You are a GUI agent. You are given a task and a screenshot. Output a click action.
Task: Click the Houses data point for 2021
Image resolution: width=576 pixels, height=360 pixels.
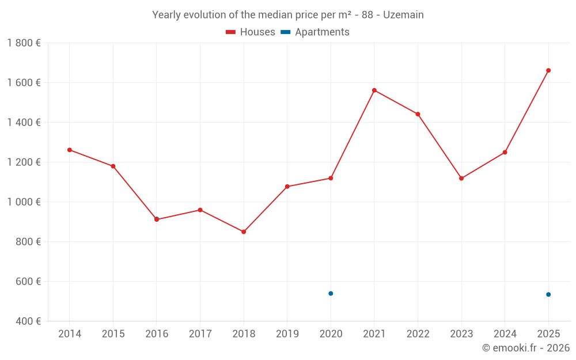(374, 90)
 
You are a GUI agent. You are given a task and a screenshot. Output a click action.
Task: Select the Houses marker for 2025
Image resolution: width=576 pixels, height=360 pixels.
(548, 70)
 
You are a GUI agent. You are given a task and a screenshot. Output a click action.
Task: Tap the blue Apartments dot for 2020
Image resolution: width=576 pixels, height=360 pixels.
(331, 294)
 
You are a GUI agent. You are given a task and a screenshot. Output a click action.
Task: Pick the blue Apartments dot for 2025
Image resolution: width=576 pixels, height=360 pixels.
(548, 294)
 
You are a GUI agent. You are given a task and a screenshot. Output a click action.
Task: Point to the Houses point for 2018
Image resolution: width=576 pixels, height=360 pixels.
(244, 232)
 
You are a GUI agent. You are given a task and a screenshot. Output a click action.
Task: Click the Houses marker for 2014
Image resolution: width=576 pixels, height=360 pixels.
(70, 150)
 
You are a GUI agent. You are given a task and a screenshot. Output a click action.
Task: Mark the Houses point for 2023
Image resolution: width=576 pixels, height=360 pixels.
(461, 179)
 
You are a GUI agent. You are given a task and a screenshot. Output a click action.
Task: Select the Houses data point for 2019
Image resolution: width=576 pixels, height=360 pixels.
(287, 187)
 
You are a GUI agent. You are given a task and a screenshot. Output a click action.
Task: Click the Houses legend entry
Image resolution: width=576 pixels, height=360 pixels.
(251, 32)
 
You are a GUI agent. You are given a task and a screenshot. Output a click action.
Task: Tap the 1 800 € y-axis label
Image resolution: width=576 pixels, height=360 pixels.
(24, 43)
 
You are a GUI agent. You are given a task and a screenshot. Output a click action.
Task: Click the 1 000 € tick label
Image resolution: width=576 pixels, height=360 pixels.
(24, 202)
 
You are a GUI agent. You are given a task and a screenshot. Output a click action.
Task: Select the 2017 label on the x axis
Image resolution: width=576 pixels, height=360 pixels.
(200, 334)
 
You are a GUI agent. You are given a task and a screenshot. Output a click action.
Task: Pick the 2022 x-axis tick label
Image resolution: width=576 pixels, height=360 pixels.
(418, 334)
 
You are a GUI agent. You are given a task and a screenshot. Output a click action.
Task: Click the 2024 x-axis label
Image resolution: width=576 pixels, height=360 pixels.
(505, 334)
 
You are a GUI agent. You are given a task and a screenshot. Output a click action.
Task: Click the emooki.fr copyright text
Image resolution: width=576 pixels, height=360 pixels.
(526, 348)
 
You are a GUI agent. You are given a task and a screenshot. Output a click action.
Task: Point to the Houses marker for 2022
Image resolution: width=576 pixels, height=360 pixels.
(418, 114)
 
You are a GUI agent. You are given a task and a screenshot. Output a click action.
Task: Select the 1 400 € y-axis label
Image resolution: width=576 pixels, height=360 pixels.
(24, 123)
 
